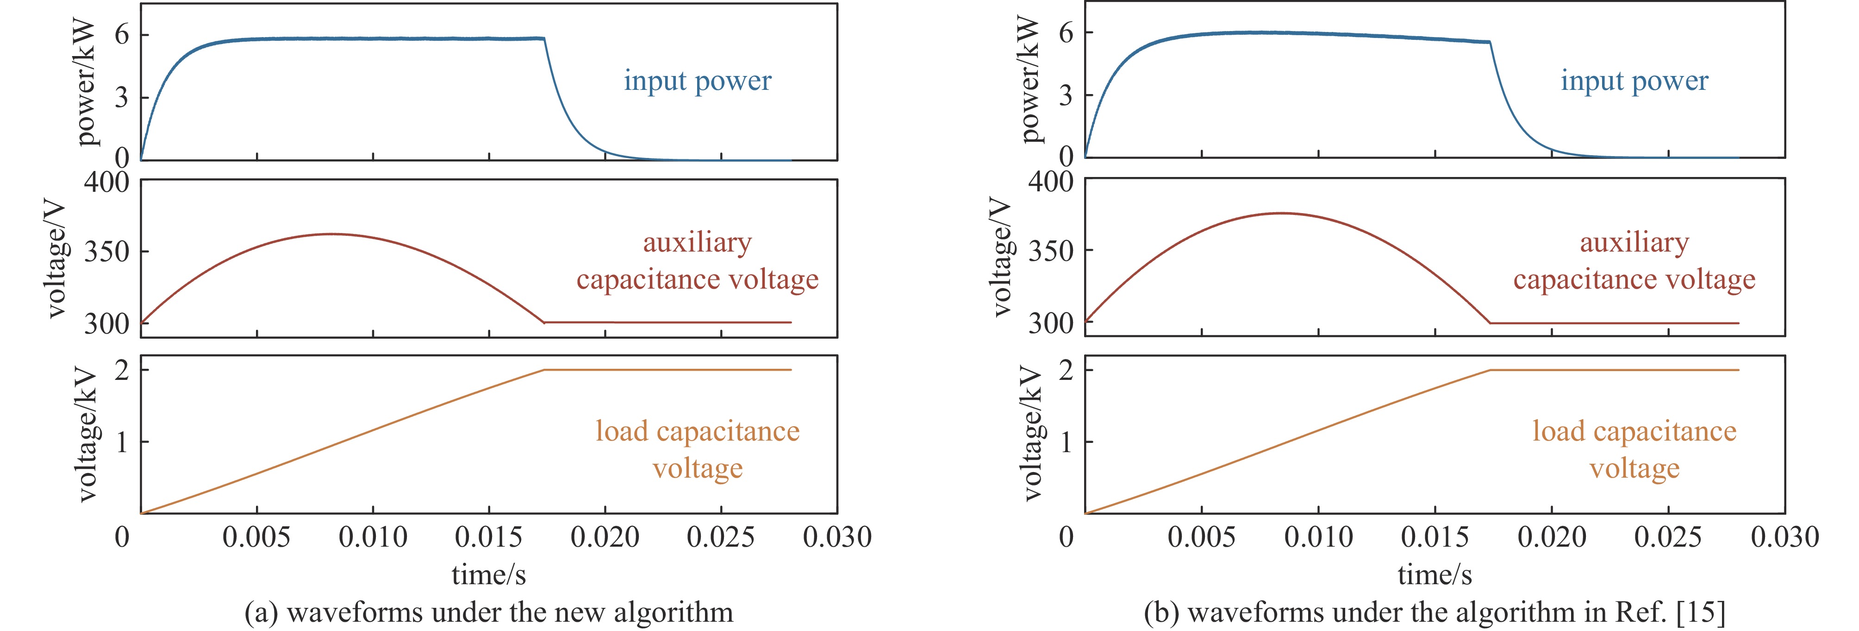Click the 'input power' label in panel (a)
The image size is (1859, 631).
(697, 81)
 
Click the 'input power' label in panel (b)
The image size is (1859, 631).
(1634, 81)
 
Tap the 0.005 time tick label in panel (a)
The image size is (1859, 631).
(256, 537)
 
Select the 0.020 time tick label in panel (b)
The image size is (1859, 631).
(1552, 537)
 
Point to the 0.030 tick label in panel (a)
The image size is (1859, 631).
(837, 537)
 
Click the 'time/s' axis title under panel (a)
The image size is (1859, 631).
(488, 575)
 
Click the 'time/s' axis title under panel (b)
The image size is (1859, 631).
(1435, 575)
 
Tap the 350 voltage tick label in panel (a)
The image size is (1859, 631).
(107, 252)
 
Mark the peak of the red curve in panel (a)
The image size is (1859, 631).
(332, 234)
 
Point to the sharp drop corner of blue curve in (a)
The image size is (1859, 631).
(544, 38)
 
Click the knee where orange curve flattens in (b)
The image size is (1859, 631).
(1490, 370)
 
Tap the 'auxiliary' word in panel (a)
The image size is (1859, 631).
(697, 243)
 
